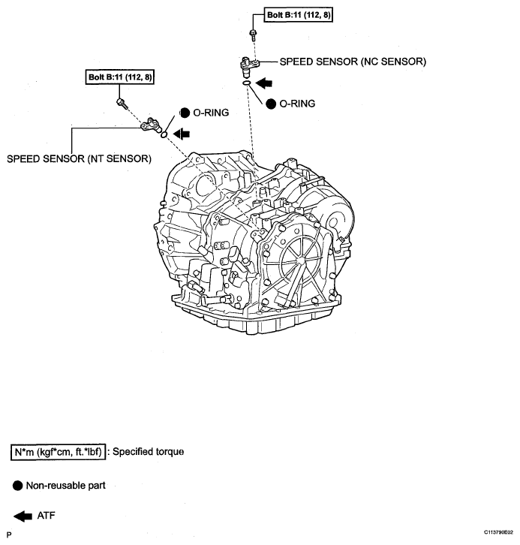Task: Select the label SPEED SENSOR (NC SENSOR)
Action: (353, 62)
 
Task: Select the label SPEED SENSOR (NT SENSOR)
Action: (79, 158)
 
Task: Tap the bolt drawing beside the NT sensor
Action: (121, 101)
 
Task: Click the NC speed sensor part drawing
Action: (249, 68)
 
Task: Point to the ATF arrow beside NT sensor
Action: (181, 134)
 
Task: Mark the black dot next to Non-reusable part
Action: (17, 486)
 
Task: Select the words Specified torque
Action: (149, 452)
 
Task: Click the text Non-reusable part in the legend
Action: (66, 486)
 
